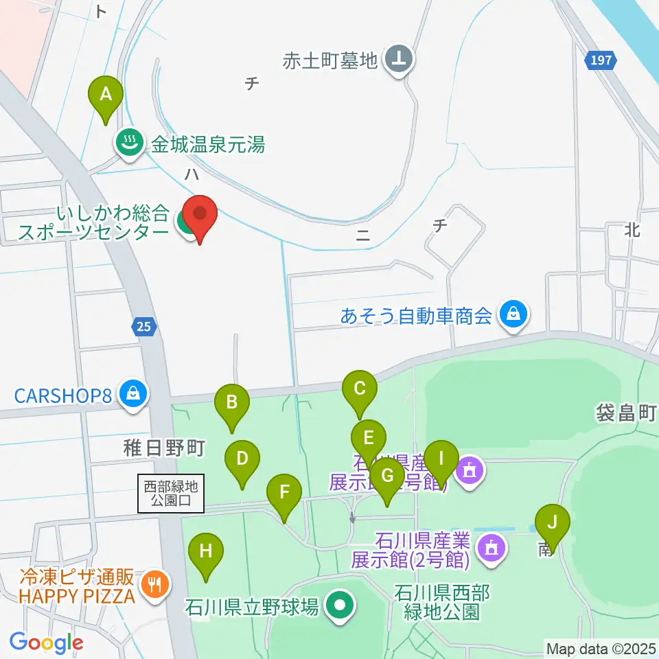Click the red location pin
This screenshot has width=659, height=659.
(x=200, y=216)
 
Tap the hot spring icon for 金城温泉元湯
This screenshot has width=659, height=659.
(x=128, y=143)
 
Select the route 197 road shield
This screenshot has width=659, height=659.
(x=599, y=61)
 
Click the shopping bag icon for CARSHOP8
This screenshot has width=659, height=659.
(x=130, y=394)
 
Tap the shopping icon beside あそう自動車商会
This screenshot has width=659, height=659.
(x=512, y=316)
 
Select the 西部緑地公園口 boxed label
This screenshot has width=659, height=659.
(x=171, y=494)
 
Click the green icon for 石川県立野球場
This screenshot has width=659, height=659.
(x=338, y=606)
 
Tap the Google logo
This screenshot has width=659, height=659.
(x=47, y=643)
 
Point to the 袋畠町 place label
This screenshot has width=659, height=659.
(x=625, y=413)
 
